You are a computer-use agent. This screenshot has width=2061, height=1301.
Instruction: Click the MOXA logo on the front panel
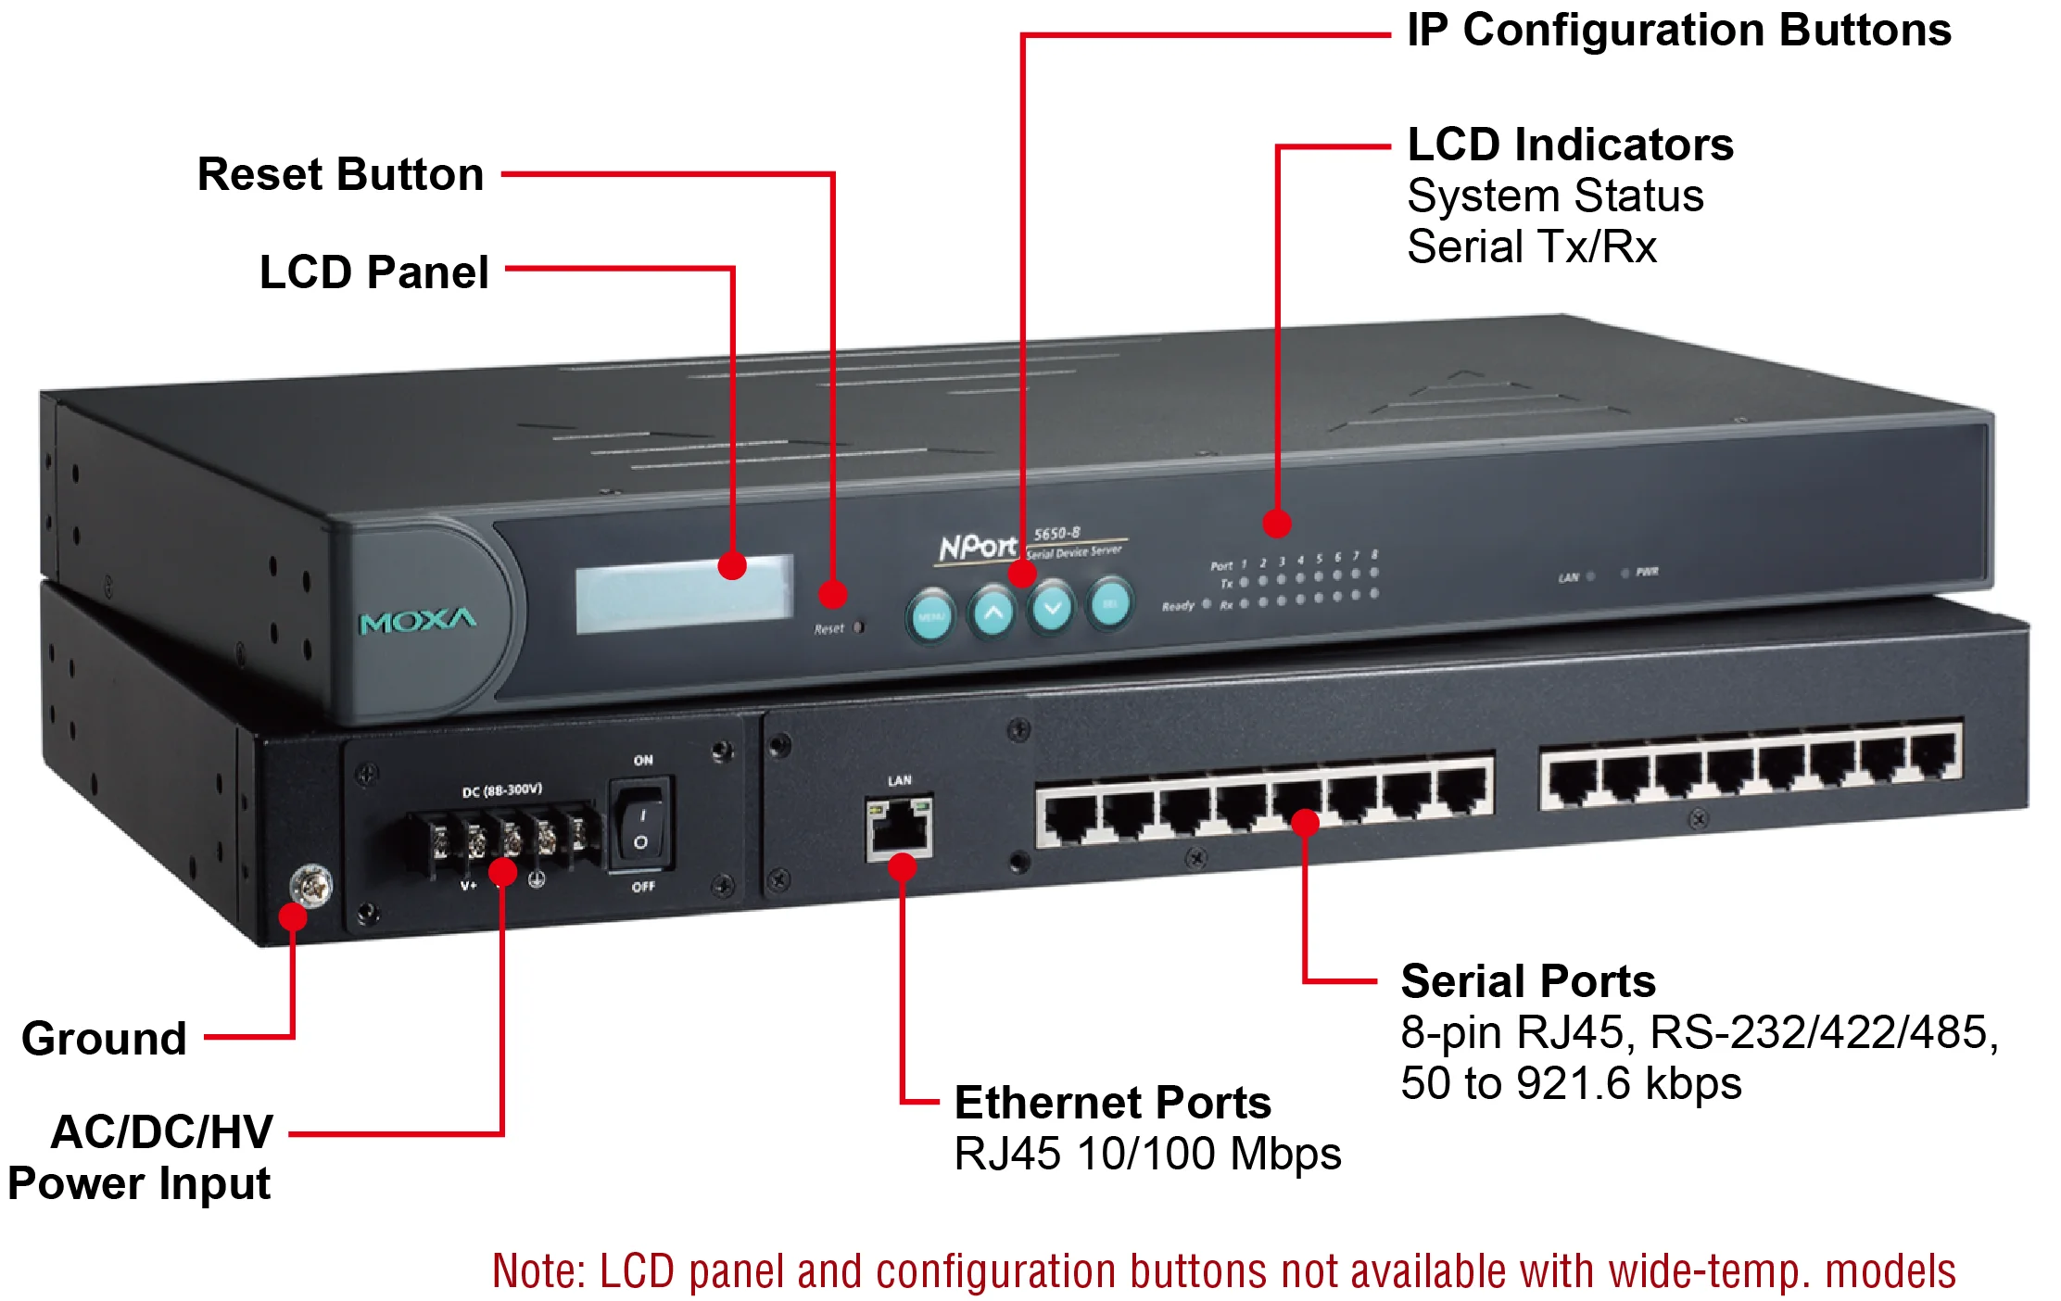[x=418, y=621]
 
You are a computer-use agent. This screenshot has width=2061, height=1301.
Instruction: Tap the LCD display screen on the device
[x=684, y=594]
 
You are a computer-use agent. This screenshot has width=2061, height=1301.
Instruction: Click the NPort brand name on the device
[x=978, y=547]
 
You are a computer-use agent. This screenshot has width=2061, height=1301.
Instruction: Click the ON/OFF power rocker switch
[x=640, y=824]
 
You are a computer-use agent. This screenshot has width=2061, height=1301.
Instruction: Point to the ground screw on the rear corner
[x=311, y=887]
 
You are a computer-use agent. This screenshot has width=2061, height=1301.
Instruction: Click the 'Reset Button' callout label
[x=340, y=174]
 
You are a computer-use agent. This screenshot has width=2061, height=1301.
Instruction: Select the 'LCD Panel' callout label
[x=373, y=272]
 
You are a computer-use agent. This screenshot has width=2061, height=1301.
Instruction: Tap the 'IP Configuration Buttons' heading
[x=1678, y=30]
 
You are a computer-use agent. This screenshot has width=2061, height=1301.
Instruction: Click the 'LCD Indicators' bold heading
[x=1570, y=145]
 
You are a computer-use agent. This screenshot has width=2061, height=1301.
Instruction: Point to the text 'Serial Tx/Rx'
[x=1531, y=246]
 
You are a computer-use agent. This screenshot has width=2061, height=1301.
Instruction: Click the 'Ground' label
[x=104, y=1038]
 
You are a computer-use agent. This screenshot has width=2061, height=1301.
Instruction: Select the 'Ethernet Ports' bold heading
[x=1112, y=1103]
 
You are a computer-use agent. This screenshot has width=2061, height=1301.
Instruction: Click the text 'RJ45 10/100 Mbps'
[x=1147, y=1154]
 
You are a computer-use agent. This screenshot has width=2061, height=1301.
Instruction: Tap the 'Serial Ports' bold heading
[x=1527, y=980]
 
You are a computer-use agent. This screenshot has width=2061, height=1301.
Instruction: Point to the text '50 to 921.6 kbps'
[x=1571, y=1082]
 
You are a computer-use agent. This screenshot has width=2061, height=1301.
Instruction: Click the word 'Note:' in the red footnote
[x=538, y=1271]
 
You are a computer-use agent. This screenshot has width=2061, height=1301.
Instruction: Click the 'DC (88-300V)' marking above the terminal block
[x=501, y=790]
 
